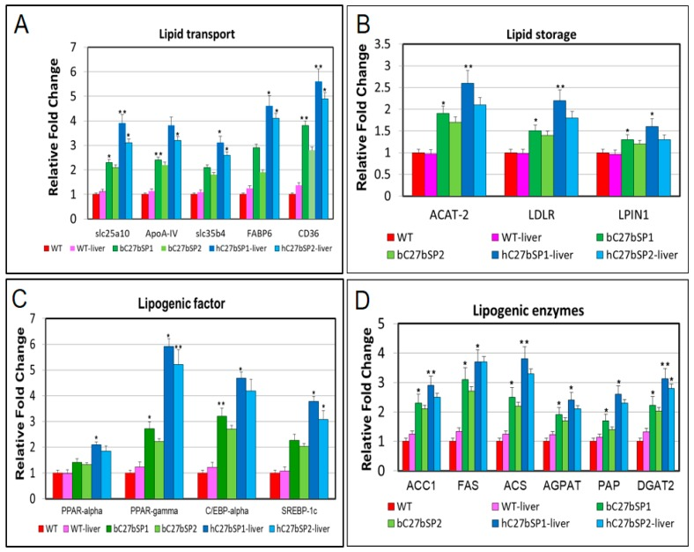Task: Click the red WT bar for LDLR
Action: [x=510, y=174]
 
